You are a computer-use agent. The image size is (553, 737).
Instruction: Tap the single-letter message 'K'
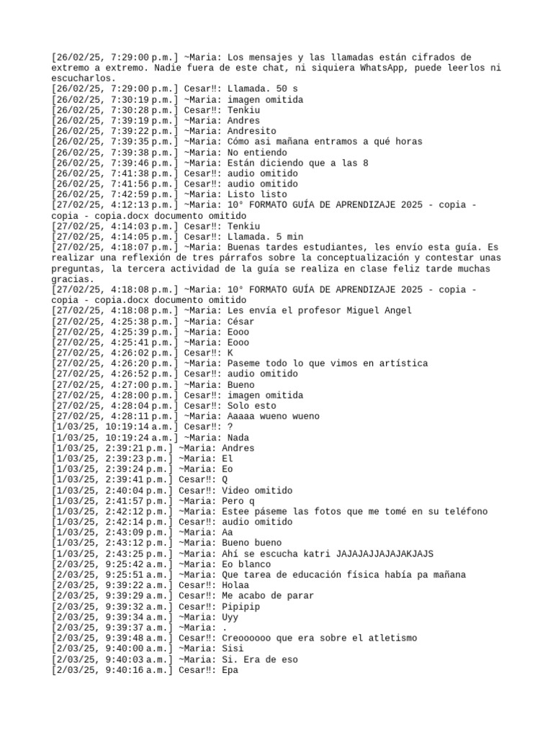pos(230,353)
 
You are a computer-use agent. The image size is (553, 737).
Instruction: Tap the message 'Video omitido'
pos(257,490)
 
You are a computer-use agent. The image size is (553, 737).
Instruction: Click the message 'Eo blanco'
pos(246,564)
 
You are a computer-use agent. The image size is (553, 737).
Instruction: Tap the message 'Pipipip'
pos(240,607)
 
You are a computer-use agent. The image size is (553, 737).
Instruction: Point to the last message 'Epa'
pos(230,670)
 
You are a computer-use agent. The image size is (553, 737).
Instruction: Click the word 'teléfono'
pos(464,512)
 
